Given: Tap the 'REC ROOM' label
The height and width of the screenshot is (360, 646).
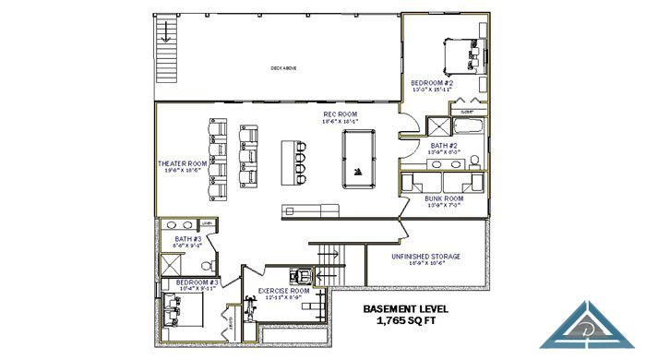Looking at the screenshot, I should (340, 114).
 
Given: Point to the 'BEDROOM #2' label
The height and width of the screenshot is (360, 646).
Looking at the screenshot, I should (432, 83).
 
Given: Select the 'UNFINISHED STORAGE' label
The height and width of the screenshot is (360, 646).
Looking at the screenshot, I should (426, 256).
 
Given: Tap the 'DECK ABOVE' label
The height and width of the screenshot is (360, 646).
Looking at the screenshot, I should (282, 67).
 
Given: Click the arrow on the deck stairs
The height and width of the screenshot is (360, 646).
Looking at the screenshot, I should (165, 34).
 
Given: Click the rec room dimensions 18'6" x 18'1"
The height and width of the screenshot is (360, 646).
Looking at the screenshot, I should (340, 122).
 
